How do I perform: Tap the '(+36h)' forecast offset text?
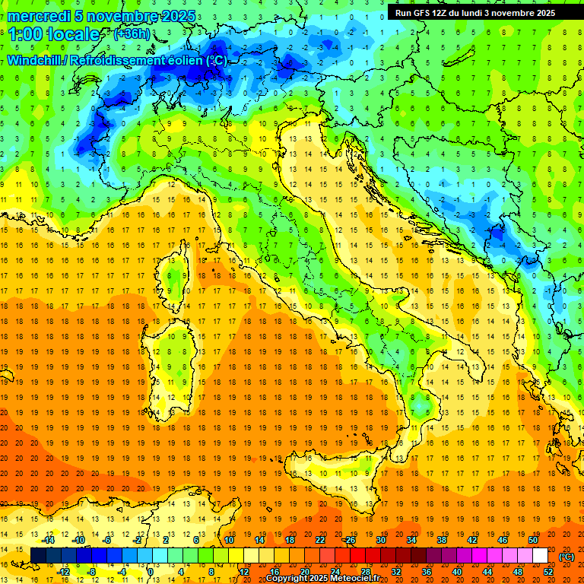[x=132, y=34]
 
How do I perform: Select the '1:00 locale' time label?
[x=54, y=35]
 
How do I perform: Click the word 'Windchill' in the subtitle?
[x=36, y=60]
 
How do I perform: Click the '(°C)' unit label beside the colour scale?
[x=567, y=557]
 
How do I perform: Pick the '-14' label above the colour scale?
[x=50, y=540]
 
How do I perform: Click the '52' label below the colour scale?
[x=548, y=572]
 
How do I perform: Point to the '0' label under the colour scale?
[x=151, y=572]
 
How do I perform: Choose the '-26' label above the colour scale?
[x=349, y=540]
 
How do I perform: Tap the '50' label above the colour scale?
[x=532, y=540]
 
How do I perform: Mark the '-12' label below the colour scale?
[x=64, y=572]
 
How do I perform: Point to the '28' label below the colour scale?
[x=365, y=572]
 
